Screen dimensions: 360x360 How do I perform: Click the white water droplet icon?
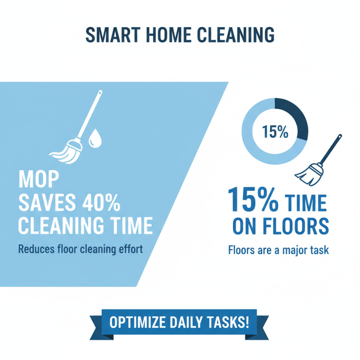pos(95,138)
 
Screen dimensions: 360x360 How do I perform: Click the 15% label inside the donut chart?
pos(274,131)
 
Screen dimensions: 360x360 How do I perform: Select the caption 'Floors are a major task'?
pos(279,250)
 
